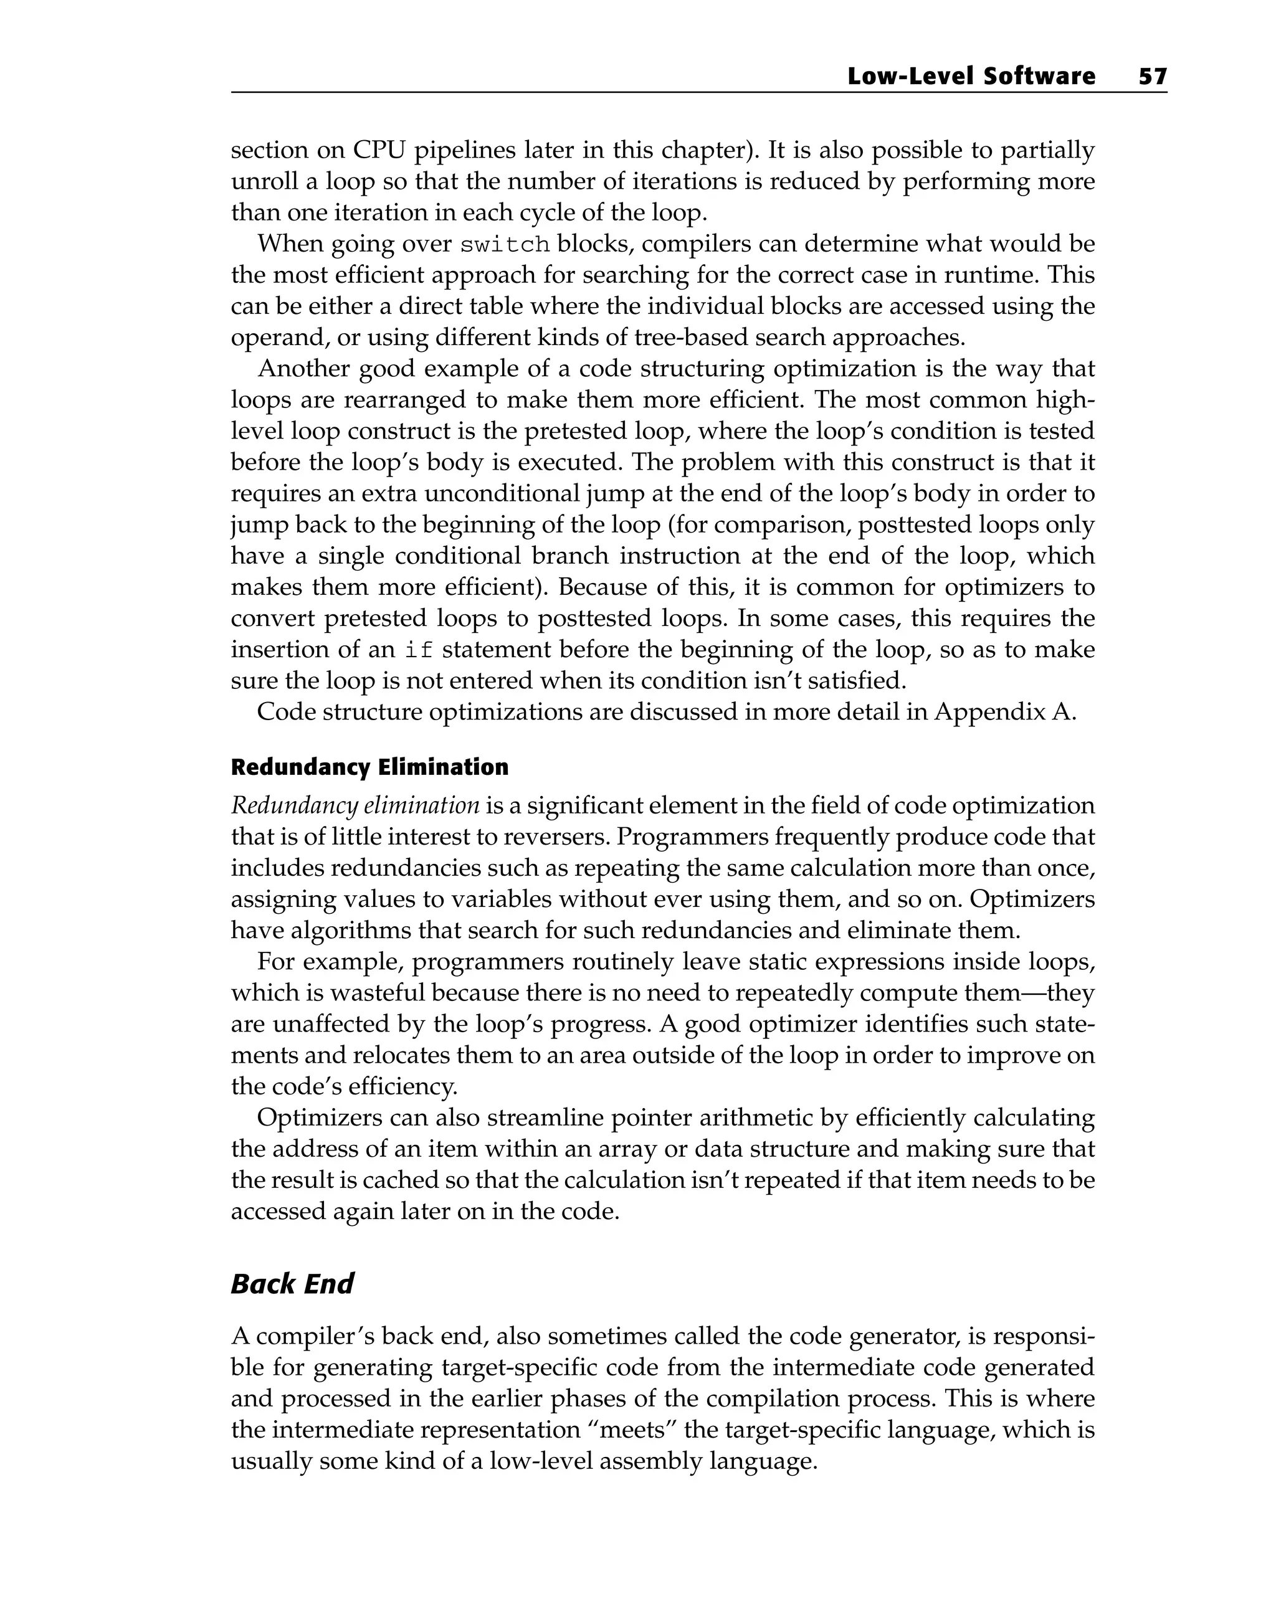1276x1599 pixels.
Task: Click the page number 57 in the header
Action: pos(1152,77)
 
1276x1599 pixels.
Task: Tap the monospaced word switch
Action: pos(505,245)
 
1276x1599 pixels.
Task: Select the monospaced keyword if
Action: pos(419,650)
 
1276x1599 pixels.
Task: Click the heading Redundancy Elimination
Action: pos(369,767)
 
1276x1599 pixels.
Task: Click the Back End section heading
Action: pos(292,1284)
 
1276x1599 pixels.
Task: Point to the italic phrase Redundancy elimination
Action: pos(355,805)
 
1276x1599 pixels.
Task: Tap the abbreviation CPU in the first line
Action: pos(378,150)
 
